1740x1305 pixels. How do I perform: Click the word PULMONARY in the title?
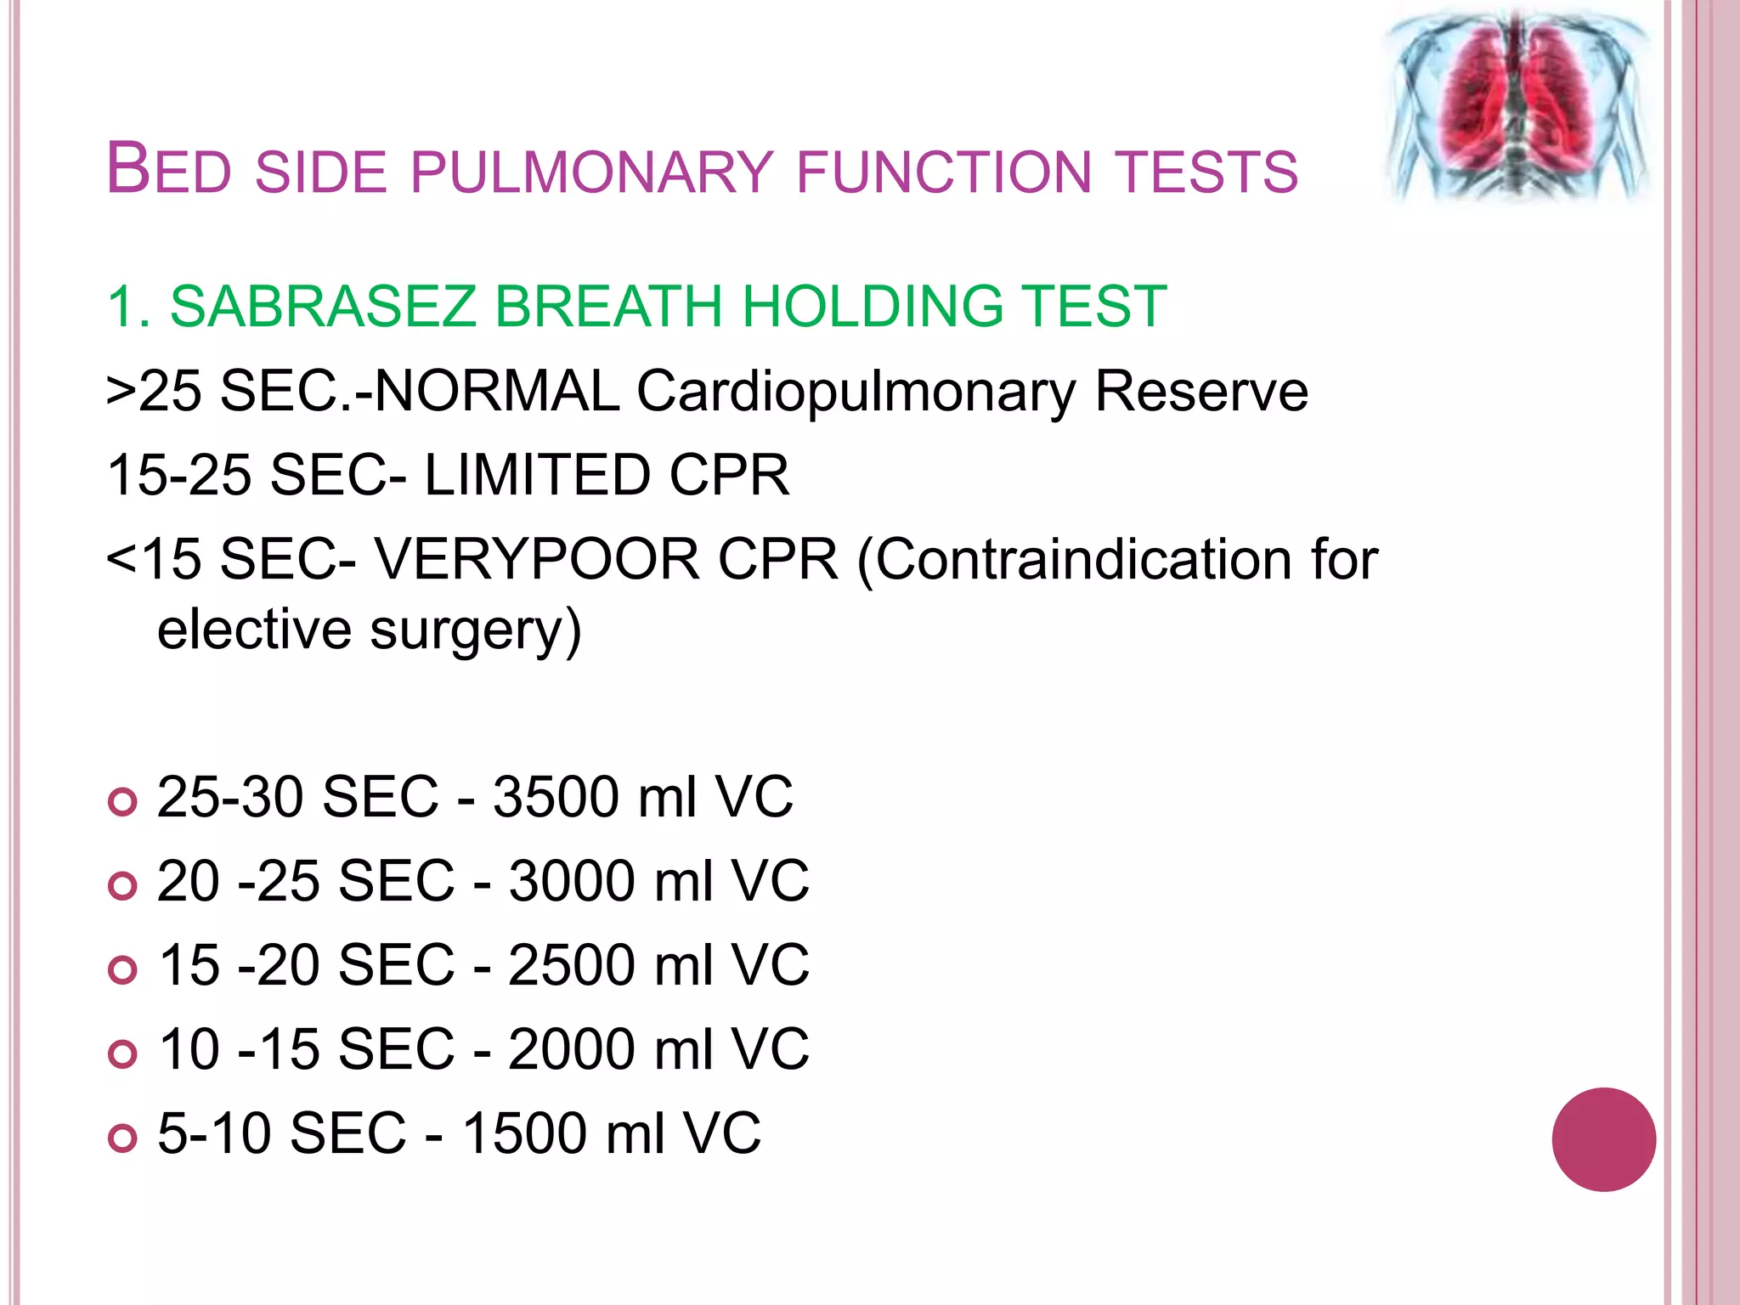coord(592,172)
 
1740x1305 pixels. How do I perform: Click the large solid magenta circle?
coord(1603,1139)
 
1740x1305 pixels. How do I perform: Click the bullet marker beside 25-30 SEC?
coord(123,801)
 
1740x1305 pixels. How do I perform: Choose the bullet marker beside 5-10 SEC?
coord(123,1138)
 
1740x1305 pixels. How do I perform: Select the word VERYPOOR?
coord(538,560)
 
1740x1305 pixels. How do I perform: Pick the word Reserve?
coord(1201,392)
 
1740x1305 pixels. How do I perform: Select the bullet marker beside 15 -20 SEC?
coord(123,969)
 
